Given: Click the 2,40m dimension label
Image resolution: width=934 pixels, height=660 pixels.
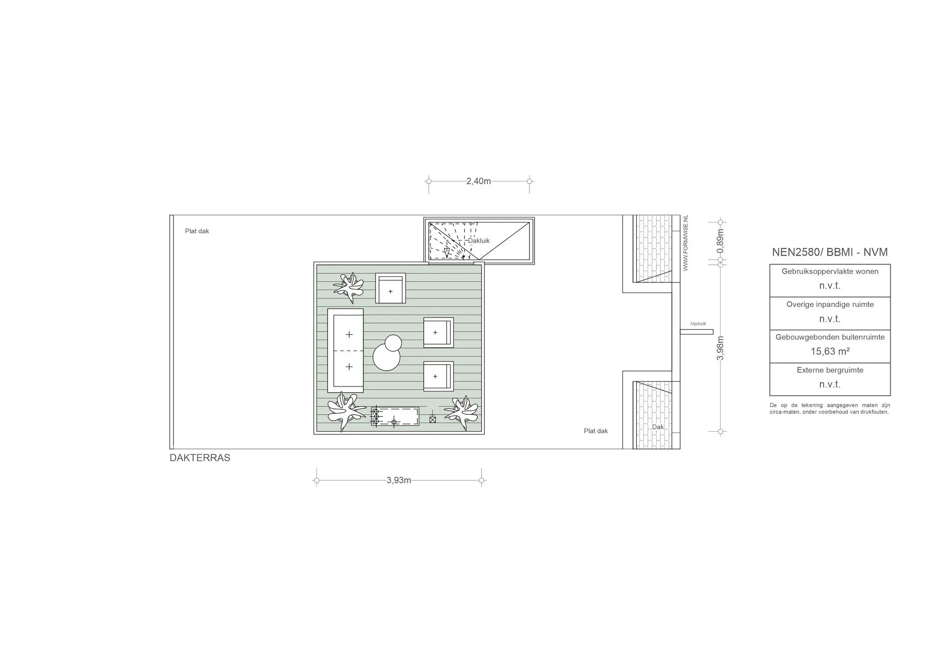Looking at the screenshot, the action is coord(478,181).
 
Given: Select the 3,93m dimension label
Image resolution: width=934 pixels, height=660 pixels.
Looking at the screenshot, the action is coord(399,480).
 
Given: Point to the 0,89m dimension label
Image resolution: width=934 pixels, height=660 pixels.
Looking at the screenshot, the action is coord(720,242).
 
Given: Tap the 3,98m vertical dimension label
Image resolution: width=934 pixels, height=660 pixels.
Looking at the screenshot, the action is coord(720,348).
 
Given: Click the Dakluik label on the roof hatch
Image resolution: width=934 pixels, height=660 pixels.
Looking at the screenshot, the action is coord(479,241).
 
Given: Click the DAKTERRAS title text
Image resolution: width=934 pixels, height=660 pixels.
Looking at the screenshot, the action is coord(200,458).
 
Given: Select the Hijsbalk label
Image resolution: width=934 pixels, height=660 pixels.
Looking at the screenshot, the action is coord(698,324).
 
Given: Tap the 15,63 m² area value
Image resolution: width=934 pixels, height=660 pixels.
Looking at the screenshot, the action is coord(830,351).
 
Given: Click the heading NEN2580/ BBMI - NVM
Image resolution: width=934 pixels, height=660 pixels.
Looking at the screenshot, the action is coord(830,252).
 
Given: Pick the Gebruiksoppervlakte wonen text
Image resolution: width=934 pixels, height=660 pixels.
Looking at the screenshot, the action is coord(830,271).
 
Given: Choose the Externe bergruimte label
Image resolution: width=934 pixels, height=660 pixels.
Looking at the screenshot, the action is coord(830,370).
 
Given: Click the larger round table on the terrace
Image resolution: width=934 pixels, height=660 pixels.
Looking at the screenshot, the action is coord(386,357).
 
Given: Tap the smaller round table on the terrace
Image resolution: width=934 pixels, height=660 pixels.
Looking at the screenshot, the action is coord(393,343).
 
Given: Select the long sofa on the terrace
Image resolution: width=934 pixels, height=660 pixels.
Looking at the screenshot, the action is coord(346,351).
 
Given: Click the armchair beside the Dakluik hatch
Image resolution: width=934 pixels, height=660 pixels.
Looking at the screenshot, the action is coord(390,288).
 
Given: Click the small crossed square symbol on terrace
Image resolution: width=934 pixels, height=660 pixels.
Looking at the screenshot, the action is coord(433,420).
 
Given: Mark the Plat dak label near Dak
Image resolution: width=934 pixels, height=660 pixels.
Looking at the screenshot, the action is coord(596,431).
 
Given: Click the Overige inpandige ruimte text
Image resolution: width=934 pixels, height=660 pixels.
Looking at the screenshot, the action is coord(830,304).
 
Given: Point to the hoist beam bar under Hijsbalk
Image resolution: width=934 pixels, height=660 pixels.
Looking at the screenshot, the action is coord(696,332).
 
